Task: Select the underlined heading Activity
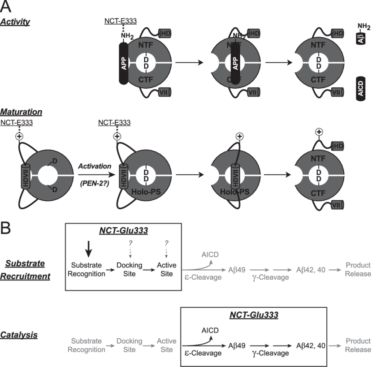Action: [15, 21]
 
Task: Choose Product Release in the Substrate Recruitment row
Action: [358, 269]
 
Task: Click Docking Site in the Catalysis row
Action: [129, 345]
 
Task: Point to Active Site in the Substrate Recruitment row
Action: [167, 269]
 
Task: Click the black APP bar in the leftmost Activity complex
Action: [125, 63]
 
